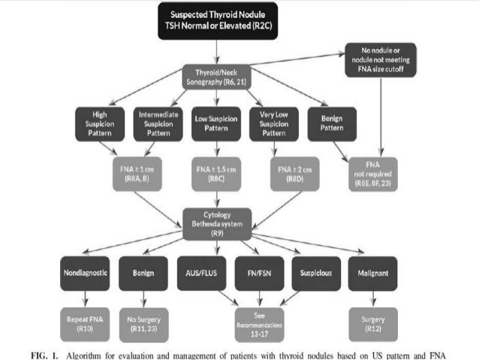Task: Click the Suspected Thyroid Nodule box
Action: coord(217,20)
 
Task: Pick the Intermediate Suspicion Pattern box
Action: coord(158,123)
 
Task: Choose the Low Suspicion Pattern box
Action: coord(216,123)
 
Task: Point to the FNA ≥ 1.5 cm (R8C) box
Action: coord(216,174)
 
